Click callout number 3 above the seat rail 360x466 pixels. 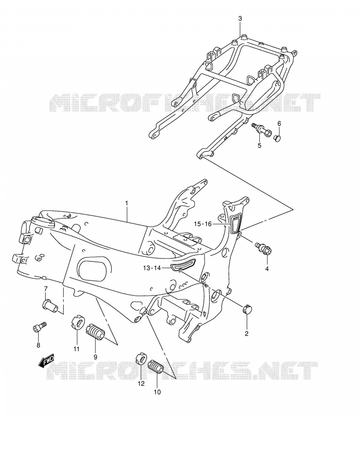240,19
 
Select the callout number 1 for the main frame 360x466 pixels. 126,203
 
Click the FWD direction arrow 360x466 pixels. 46,361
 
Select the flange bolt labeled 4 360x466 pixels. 263,249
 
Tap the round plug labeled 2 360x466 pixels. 247,309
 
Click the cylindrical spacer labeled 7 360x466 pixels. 50,306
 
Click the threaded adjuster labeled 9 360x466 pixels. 95,333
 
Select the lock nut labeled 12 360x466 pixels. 140,358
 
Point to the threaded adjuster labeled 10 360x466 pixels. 156,366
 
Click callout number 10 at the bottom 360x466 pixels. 157,392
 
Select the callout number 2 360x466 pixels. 247,333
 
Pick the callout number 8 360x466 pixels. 38,345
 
